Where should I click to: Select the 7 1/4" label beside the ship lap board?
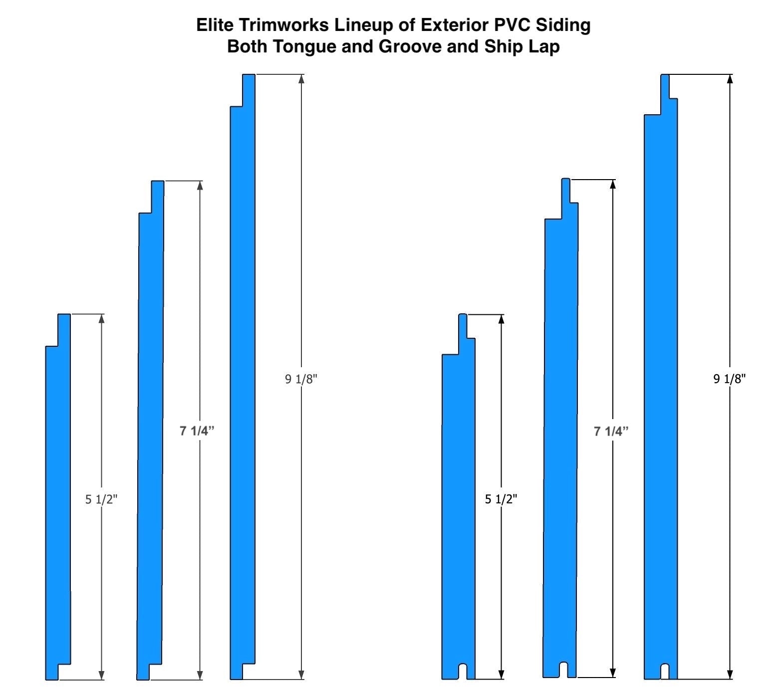pyautogui.click(x=197, y=431)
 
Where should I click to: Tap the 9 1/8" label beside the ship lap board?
pyautogui.click(x=301, y=379)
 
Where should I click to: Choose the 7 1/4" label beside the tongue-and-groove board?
pyautogui.click(x=611, y=431)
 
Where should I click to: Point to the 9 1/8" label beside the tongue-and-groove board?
pyautogui.click(x=730, y=379)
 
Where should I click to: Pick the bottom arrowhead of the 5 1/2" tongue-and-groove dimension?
pyautogui.click(x=502, y=674)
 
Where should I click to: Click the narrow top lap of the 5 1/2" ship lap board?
pyautogui.click(x=64, y=330)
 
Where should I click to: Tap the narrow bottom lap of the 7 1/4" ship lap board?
pyautogui.click(x=143, y=672)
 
